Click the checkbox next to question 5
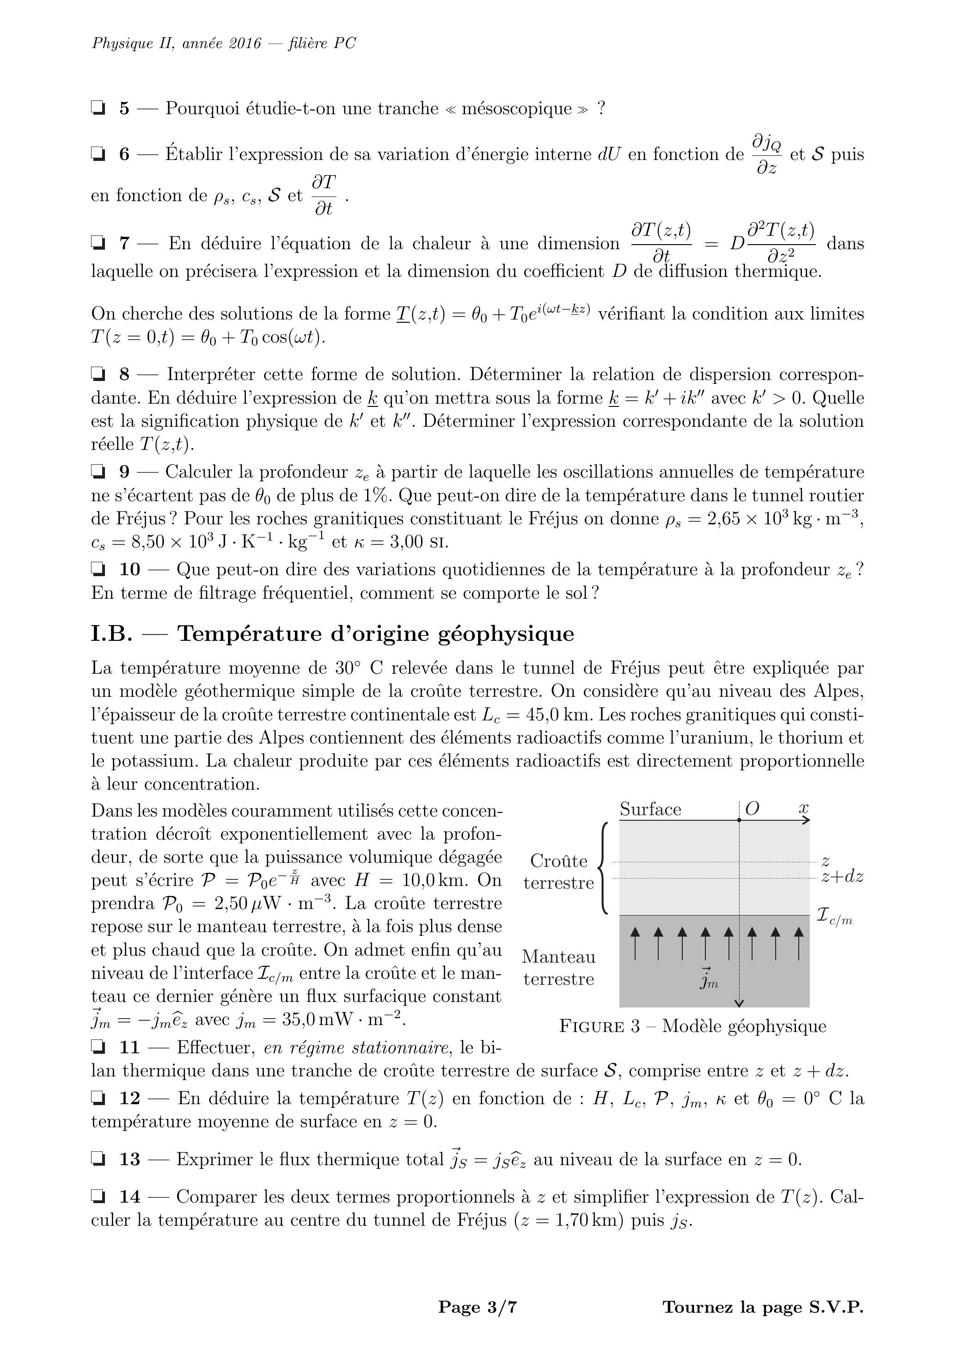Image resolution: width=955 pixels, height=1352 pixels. [98, 108]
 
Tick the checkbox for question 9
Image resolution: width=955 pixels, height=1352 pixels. [98, 472]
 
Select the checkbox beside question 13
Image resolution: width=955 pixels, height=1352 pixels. [98, 1160]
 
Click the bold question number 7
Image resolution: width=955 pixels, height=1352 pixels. [124, 243]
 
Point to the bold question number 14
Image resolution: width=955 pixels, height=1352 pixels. [130, 1197]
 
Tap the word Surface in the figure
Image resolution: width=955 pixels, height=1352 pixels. [650, 810]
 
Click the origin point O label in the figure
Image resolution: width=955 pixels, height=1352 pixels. [752, 809]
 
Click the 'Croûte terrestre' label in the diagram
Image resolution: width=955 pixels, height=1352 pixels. [559, 872]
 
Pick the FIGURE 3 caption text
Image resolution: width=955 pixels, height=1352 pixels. [692, 1026]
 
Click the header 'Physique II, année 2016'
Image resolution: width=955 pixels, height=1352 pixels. [176, 43]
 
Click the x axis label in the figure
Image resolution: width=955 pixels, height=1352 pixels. [804, 809]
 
